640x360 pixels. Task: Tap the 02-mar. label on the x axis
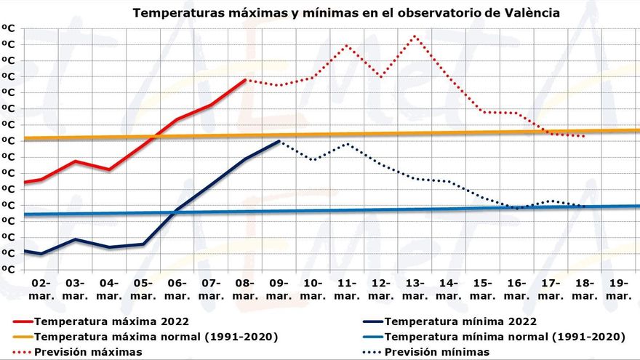pos(41,289)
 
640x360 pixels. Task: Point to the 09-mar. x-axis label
pos(279,289)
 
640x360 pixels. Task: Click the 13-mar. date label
pos(415,289)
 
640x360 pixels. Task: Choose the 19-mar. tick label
pos(619,289)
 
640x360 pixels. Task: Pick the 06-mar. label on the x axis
pos(177,289)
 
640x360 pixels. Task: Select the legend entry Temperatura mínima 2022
pos(460,321)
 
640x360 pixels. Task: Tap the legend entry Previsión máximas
pos(88,352)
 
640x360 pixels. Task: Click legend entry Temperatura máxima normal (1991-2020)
pos(156,337)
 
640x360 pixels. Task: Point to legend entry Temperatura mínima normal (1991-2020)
pos(505,337)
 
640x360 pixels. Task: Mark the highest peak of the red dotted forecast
pos(415,36)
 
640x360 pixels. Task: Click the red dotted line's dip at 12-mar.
pos(381,76)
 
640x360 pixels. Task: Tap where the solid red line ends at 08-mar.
pos(246,80)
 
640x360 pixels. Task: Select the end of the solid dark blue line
pos(280,141)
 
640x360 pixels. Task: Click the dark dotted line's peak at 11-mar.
pos(348,143)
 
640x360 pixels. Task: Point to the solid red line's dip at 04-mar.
pos(109,169)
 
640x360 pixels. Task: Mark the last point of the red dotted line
pos(585,136)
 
